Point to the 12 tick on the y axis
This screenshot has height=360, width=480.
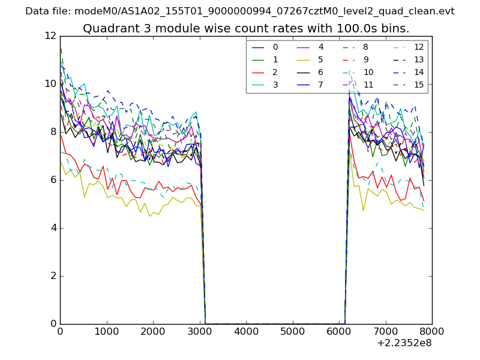(x=50, y=35)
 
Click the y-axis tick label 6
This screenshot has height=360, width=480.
(x=52, y=179)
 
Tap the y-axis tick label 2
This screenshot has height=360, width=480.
(x=52, y=275)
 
